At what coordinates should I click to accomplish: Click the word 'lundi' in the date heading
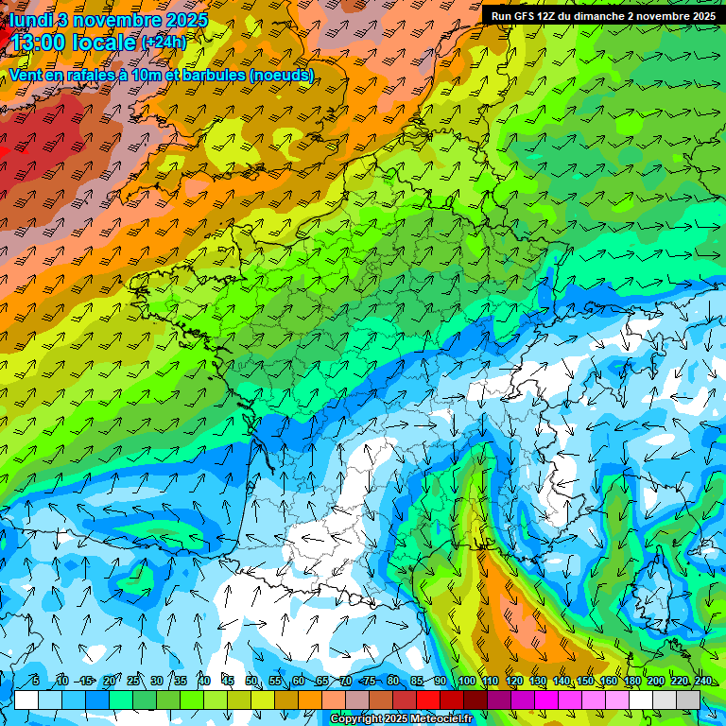pos(31,19)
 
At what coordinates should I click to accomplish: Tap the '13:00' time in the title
pos(39,43)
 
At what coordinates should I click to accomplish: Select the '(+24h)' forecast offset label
pos(164,43)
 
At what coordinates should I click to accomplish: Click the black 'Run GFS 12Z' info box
pos(602,16)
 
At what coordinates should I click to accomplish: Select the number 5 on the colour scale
pos(35,682)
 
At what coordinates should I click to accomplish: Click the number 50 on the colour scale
pos(251,682)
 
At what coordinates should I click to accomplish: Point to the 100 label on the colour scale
pos(466,682)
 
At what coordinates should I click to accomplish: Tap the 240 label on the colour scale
pos(703,682)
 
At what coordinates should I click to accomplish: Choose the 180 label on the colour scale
pos(631,682)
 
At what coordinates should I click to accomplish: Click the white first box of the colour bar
pos(26,700)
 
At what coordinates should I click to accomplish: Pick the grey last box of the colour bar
pos(688,700)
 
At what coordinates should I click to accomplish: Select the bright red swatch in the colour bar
pos(428,700)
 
